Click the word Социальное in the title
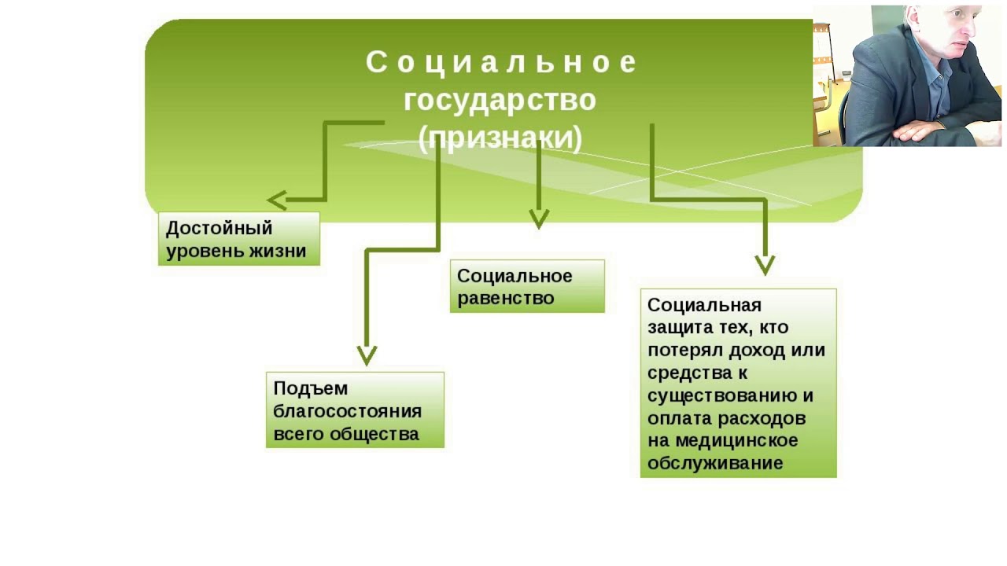(500, 63)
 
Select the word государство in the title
(500, 101)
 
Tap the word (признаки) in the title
(500, 138)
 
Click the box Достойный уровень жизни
(239, 239)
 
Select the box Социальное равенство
(527, 286)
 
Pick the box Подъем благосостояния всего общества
(355, 410)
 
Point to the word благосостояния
(348, 411)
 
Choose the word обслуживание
(715, 463)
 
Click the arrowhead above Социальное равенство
(539, 219)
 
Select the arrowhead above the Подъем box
(367, 355)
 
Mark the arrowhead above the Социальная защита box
(765, 265)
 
